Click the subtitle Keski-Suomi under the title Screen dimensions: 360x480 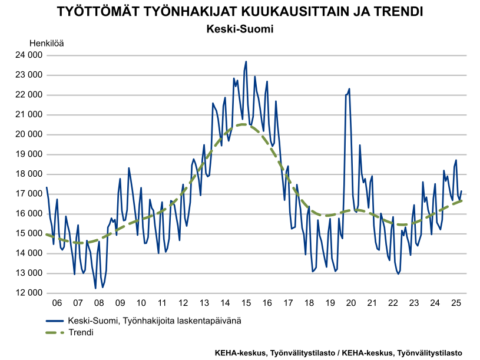click(x=240, y=28)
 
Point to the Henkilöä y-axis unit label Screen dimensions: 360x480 click(x=47, y=43)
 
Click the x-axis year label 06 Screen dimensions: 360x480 click(x=57, y=303)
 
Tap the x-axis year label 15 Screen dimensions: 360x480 click(x=246, y=303)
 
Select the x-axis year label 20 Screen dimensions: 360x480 click(x=351, y=303)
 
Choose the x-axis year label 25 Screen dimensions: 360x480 click(x=456, y=303)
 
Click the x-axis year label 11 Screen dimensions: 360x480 click(x=162, y=303)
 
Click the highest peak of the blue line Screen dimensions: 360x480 click(x=246, y=61)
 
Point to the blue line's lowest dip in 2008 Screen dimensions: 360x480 click(x=95, y=288)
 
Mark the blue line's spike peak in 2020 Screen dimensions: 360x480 click(x=349, y=89)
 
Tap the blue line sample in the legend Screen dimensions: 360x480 click(x=55, y=321)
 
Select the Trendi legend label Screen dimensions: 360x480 click(x=81, y=333)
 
